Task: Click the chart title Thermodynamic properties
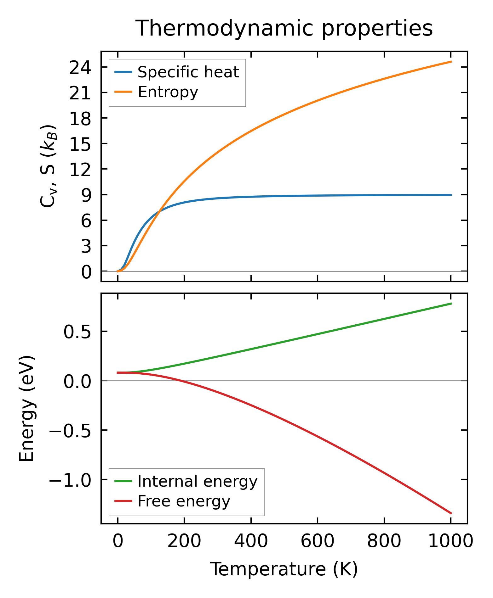284,29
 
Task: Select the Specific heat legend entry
188,72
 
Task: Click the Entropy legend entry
168,92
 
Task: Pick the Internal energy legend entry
197,481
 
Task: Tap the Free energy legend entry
184,501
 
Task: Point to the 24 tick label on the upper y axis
80,68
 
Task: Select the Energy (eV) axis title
26,409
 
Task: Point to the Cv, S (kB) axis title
48,166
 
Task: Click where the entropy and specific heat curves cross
160,210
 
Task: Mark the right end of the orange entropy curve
451,62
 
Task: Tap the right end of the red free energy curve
451,513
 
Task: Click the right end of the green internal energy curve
451,304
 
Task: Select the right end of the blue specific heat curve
451,195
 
